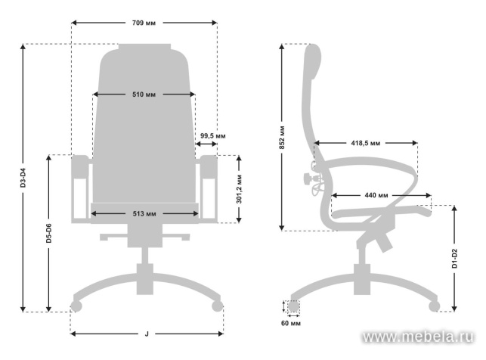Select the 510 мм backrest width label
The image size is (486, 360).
pos(144,95)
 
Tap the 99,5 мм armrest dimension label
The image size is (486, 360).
pos(212,136)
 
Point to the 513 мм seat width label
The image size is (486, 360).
pos(144,214)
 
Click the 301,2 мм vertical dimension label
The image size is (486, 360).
pos(239,190)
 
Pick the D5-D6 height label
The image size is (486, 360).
pos(49,237)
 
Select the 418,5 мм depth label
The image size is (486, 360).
pos(365,143)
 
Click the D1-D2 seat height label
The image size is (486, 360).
pos(454,258)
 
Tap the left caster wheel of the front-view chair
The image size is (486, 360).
pos(75,306)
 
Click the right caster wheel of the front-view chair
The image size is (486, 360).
pos(217,306)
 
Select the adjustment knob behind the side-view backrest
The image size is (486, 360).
pos(308,179)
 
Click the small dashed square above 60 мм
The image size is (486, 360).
pos(292,307)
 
